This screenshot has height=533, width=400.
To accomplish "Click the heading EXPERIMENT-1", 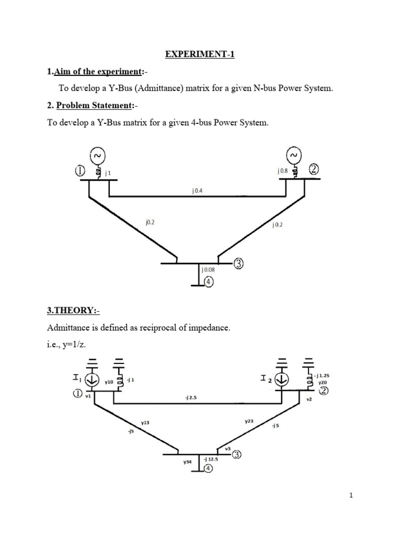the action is (x=200, y=54).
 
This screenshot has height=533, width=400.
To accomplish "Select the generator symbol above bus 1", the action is (x=97, y=155).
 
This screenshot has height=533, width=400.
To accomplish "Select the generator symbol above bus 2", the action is (x=294, y=155).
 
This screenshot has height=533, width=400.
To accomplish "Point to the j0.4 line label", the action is (x=197, y=191).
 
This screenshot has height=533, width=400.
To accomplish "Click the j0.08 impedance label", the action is (x=208, y=270).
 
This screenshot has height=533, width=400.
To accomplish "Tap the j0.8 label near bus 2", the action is (x=283, y=171).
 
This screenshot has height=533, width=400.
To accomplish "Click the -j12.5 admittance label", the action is (x=211, y=459).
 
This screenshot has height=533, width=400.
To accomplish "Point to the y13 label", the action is (x=145, y=423).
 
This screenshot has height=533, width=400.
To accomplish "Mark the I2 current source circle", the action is (x=282, y=380).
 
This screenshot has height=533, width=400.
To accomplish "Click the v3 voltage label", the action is (x=228, y=448).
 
